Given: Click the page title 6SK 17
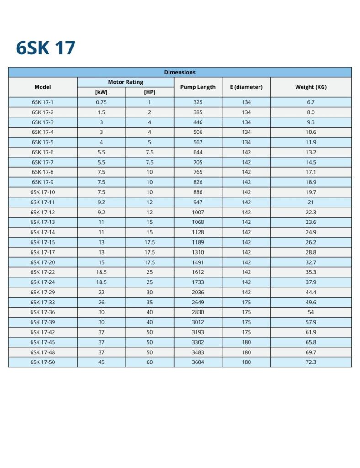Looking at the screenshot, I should coord(46,48).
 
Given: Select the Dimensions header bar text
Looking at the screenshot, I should coord(180,72).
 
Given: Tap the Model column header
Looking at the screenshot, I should coord(42,87).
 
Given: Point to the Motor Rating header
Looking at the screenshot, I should coord(125,82).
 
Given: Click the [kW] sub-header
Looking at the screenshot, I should coord(101,92).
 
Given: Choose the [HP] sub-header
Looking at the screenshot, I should coord(149,92).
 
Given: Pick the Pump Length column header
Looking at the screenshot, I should coord(198,87).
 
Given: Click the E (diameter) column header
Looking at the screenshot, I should coord(246,87).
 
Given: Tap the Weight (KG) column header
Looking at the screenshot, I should coord(311,87).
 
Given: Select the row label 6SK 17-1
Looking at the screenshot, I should coord(42,102).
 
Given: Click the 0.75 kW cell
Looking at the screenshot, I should coord(101,102).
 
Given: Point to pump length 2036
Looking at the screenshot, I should coord(198,292).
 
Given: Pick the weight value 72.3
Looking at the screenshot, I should coord(311,362).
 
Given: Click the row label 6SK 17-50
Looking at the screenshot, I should coord(42,362).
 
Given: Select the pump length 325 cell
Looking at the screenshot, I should coord(198,102).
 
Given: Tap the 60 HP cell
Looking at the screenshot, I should coord(149,362).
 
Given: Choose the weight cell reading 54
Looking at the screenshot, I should coord(311,312).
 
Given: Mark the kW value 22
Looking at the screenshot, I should coord(101,292).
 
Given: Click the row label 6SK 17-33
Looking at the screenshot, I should coord(42,302).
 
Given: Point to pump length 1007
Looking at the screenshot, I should coord(198,212).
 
